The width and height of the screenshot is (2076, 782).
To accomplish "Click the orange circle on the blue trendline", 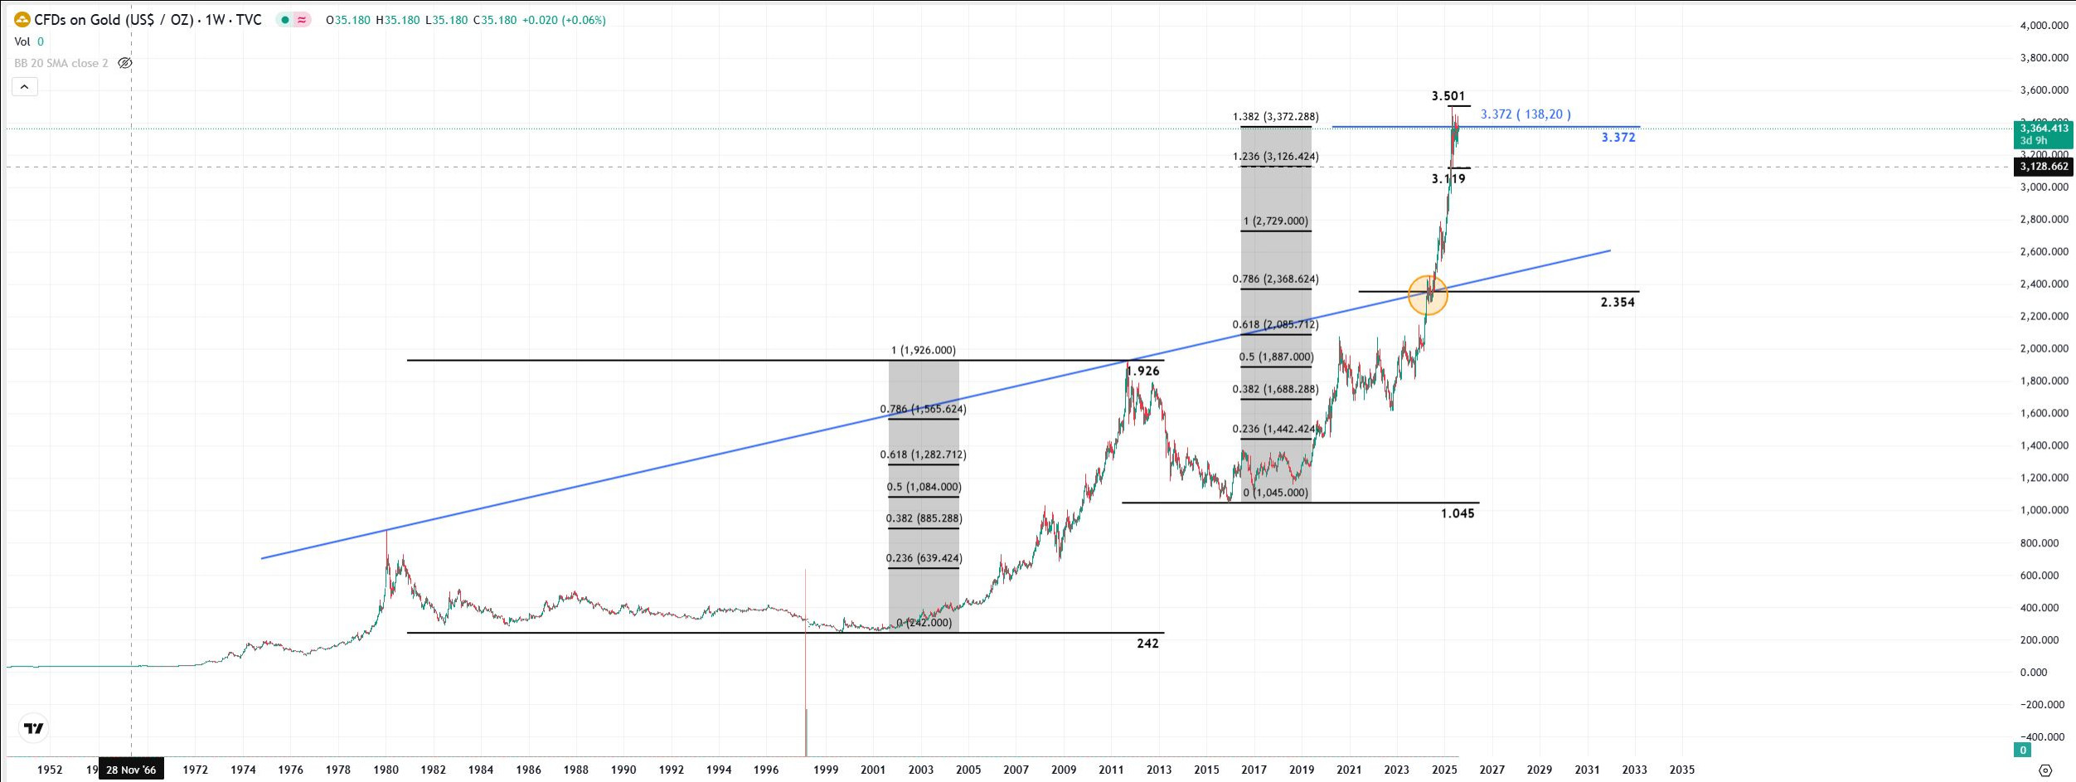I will point(1428,294).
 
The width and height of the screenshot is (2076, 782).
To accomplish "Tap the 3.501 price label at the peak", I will point(1448,96).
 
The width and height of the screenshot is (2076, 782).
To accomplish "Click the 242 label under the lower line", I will point(1147,644).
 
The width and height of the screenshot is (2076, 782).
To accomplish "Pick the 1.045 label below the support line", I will point(1458,513).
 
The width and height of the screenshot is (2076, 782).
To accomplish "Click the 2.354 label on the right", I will point(1618,303).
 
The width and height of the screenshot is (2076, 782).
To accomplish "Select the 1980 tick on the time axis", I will point(386,770).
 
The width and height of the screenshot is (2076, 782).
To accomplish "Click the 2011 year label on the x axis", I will point(1111,770).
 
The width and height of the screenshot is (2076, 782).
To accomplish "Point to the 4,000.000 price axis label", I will point(2044,26).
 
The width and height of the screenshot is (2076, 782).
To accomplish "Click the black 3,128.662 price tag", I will point(2044,167).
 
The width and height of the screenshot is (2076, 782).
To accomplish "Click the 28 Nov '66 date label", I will point(131,770).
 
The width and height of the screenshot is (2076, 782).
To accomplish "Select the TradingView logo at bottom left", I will point(34,728).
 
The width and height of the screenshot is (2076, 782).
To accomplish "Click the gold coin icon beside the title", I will point(22,19).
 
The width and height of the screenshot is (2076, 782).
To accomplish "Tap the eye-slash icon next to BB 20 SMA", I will point(125,63).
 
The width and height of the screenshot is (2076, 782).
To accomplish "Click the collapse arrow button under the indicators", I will point(25,86).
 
